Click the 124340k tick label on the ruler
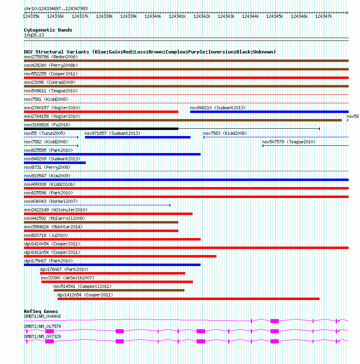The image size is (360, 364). [x=153, y=16]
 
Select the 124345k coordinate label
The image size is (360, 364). [x=275, y=16]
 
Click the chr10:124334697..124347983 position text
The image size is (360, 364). [x=56, y=9]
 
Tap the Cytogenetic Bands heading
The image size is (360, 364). [x=48, y=30]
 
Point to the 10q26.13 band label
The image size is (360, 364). [x=34, y=35]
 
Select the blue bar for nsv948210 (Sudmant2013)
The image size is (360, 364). [x=269, y=112]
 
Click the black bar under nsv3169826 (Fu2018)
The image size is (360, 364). [x=101, y=129]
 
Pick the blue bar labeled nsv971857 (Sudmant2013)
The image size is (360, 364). [x=138, y=137]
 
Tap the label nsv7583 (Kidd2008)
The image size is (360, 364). [x=224, y=133]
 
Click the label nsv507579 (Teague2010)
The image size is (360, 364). [x=289, y=142]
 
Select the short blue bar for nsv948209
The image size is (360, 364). [x=55, y=163]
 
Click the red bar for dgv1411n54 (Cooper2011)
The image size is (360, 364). [x=120, y=256]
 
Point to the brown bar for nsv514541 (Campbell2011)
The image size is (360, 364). [x=119, y=290]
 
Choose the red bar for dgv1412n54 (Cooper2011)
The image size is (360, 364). [x=188, y=299]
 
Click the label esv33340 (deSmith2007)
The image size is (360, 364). [x=67, y=278]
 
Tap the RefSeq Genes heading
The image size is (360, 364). [x=41, y=311]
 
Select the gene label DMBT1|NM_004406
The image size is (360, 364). [x=42, y=316]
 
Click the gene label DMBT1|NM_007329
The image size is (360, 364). [x=42, y=336]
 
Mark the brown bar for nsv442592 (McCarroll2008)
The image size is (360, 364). [x=101, y=222]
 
